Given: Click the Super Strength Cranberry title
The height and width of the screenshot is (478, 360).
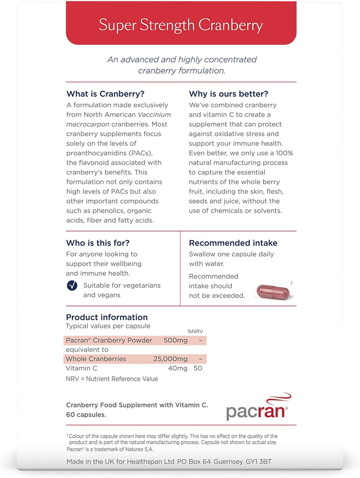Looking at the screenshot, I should click(181, 25).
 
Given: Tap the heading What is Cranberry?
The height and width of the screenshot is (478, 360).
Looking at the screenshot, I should click(105, 94).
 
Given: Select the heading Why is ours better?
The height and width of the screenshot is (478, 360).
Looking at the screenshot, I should click(229, 94).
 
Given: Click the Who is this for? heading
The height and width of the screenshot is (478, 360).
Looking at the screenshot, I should click(98, 243).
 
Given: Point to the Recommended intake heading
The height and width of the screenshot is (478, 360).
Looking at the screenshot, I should click(233, 243).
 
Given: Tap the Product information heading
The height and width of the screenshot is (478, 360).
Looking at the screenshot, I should click(107, 317).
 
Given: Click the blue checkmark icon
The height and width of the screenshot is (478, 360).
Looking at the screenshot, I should click(72, 286).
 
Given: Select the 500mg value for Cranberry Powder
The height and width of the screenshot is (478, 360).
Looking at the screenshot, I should click(175, 340).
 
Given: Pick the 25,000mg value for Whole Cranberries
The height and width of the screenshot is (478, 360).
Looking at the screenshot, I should click(170, 359).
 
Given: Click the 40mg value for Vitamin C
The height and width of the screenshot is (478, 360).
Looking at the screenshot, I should click(178, 368).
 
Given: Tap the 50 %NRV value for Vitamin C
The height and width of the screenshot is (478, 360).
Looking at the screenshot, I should click(198, 368).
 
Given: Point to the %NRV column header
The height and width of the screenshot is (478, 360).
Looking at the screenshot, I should click(195, 331).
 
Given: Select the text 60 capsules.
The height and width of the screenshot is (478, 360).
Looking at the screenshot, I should click(86, 415).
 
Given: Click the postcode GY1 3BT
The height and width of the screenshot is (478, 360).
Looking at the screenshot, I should click(258, 461).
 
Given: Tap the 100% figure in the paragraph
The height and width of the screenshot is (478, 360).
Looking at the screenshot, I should click(284, 153).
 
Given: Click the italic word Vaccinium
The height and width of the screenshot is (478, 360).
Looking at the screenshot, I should click(154, 115).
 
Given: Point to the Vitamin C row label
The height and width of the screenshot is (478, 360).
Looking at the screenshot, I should click(82, 368).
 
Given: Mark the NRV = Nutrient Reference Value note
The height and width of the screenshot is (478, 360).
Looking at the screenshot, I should click(112, 379).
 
